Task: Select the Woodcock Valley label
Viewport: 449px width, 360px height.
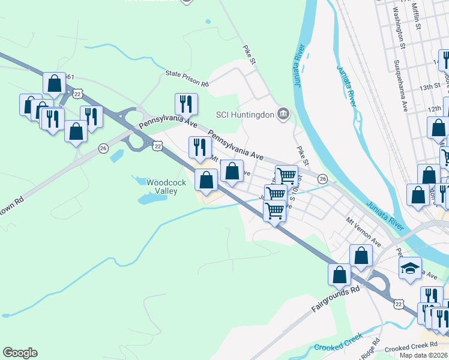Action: click(x=162, y=186)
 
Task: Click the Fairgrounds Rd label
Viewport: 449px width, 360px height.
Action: click(x=335, y=298)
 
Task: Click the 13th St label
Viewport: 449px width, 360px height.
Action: click(x=430, y=87)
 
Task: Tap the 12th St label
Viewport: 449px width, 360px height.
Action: click(x=435, y=109)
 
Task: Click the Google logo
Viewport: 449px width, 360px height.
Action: click(x=20, y=353)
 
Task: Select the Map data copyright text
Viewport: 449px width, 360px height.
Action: click(x=424, y=355)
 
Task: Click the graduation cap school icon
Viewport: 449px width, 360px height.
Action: click(x=410, y=268)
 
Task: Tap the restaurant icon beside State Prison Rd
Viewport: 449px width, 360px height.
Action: click(x=186, y=103)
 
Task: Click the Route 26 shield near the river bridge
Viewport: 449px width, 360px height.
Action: click(x=323, y=179)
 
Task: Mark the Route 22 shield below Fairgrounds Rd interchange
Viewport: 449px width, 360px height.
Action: click(x=399, y=305)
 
